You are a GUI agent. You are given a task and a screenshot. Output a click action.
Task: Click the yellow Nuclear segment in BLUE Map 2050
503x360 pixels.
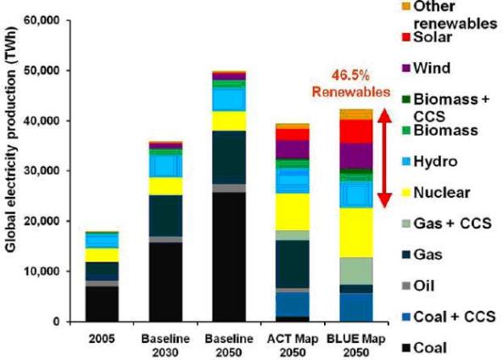pyautogui.click(x=356, y=233)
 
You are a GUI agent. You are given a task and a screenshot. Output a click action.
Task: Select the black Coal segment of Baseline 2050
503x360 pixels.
pyautogui.click(x=229, y=257)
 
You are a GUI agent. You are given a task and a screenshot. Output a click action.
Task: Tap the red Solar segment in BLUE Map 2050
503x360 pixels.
pyautogui.click(x=356, y=132)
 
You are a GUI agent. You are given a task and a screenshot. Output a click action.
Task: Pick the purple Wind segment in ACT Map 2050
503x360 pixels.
pyautogui.click(x=293, y=149)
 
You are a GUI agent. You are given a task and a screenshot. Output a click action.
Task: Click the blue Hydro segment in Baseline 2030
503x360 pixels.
pyautogui.click(x=165, y=166)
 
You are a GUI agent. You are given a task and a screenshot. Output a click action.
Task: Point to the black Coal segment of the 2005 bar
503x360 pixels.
pyautogui.click(x=102, y=304)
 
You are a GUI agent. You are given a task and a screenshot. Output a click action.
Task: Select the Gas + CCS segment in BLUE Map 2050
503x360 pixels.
pyautogui.click(x=356, y=271)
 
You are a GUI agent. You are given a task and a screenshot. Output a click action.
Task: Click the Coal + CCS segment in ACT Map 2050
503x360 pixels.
pyautogui.click(x=293, y=305)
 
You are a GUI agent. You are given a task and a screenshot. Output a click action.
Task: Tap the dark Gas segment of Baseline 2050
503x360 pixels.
pyautogui.click(x=229, y=157)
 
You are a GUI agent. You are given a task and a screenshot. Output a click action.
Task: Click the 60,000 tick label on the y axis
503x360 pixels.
pyautogui.click(x=42, y=20)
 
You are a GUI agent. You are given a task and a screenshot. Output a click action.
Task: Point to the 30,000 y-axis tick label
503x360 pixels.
pyautogui.click(x=42, y=171)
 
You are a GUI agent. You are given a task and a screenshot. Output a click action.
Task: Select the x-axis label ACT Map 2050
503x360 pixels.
pyautogui.click(x=293, y=346)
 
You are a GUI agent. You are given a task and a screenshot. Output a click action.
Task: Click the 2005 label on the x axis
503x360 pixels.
pyautogui.click(x=102, y=339)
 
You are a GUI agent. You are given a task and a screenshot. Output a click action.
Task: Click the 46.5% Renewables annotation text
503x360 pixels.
pyautogui.click(x=351, y=84)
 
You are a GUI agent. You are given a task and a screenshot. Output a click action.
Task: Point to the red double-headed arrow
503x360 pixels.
pyautogui.click(x=384, y=158)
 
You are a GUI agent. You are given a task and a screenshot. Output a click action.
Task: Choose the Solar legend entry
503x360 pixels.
pyautogui.click(x=428, y=37)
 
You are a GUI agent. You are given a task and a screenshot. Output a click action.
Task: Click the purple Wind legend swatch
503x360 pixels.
pyautogui.click(x=406, y=69)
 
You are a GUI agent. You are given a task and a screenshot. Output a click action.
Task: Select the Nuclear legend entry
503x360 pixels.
pyautogui.click(x=436, y=193)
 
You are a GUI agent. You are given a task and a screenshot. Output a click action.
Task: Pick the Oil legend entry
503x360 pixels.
pyautogui.click(x=419, y=286)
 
